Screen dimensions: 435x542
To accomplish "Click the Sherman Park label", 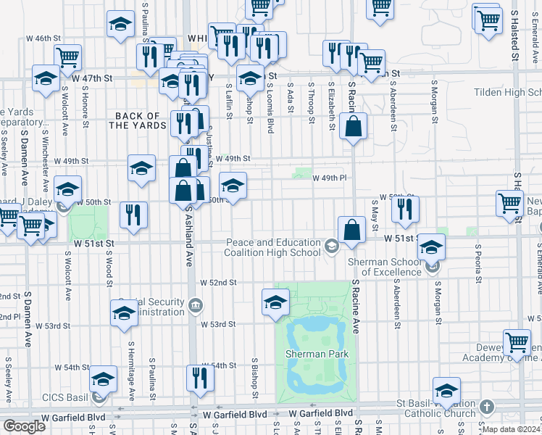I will [317, 354].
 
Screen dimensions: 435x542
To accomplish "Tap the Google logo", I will [25, 426].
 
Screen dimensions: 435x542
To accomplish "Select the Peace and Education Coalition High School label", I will [273, 247].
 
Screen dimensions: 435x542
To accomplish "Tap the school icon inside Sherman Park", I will [275, 304].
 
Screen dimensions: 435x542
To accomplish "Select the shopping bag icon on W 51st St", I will [351, 231].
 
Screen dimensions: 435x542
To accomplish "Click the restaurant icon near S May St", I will [405, 209].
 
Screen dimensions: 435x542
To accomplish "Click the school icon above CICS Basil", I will [104, 378].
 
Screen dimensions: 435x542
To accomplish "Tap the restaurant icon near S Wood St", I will [133, 215].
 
